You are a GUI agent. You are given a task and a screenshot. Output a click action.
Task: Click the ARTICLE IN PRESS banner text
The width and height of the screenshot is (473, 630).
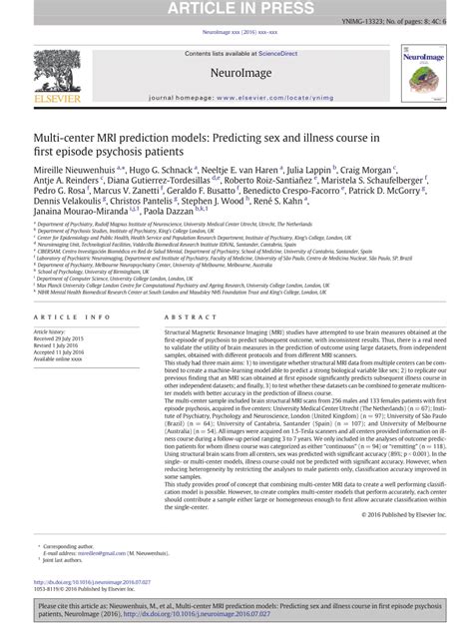(236, 9)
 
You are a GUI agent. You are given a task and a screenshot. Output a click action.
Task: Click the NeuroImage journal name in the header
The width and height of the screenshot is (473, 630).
(236, 73)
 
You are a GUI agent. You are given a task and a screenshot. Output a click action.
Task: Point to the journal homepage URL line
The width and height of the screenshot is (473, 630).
(236, 101)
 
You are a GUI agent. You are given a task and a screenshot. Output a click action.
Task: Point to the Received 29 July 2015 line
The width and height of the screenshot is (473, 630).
(65, 342)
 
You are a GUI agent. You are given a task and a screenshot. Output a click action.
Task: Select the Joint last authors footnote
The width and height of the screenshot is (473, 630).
(67, 564)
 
